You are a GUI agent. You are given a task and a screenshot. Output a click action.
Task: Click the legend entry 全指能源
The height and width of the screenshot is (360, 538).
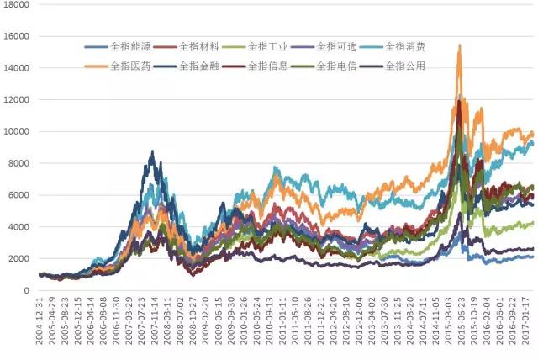[128, 46]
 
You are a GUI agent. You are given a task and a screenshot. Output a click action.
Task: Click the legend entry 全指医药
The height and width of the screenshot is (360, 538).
[128, 65]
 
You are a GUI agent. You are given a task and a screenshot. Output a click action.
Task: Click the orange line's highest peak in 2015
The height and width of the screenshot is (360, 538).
[459, 45]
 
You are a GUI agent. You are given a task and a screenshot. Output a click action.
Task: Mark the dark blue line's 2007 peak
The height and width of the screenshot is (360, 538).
[152, 151]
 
